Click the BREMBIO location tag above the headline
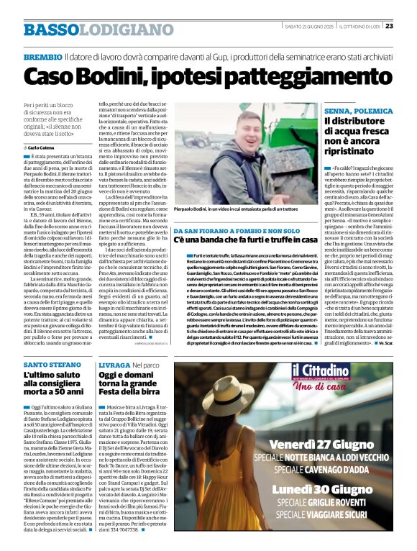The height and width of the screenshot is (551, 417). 42,56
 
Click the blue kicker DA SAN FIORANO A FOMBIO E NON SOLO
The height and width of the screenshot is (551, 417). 224,231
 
